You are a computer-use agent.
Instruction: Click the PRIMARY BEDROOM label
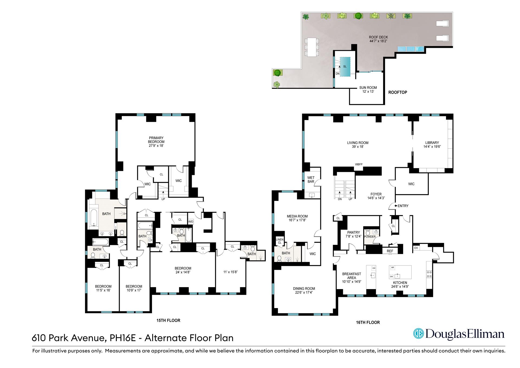click(156, 140)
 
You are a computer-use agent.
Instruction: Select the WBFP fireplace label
click(359, 165)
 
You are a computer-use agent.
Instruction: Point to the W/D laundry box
click(191, 222)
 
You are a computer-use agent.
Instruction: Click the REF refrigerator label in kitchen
click(390, 251)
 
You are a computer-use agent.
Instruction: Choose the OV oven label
click(416, 248)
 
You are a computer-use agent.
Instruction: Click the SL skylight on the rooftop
click(345, 66)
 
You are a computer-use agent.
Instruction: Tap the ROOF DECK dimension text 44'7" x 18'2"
click(378, 41)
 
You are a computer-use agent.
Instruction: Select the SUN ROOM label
click(368, 88)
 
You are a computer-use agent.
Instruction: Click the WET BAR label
click(311, 180)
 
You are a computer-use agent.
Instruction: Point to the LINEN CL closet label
click(279, 241)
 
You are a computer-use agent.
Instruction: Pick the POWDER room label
click(370, 236)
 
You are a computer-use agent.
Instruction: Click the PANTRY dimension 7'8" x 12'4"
click(353, 236)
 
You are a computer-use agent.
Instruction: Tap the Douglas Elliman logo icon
click(418, 334)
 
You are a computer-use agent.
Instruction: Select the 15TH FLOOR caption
click(168, 320)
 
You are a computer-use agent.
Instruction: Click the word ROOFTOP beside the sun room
click(397, 92)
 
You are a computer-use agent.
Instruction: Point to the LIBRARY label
click(432, 143)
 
